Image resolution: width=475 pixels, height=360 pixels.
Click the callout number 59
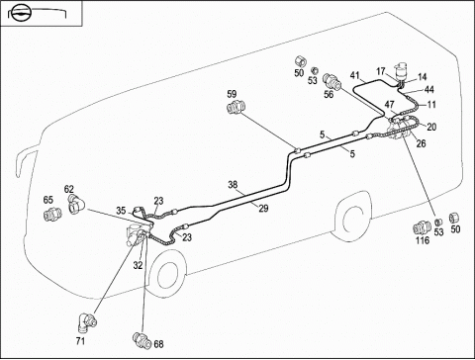pyautogui.click(x=232, y=94)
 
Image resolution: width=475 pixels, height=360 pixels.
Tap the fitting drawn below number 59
pyautogui.click(x=237, y=108)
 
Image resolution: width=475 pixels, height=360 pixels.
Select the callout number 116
pyautogui.click(x=423, y=240)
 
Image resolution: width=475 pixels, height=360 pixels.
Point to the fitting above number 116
pyautogui.click(x=423, y=227)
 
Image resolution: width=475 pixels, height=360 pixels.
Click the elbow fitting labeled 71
pyautogui.click(x=87, y=321)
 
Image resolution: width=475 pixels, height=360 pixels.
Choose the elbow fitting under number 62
pyautogui.click(x=76, y=204)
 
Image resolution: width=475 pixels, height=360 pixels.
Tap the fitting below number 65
pyautogui.click(x=52, y=214)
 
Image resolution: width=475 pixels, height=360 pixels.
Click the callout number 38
pyautogui.click(x=233, y=185)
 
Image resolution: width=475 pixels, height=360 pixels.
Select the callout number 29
pyautogui.click(x=263, y=209)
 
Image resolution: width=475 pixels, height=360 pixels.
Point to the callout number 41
pyautogui.click(x=354, y=75)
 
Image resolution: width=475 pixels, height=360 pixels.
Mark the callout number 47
pyautogui.click(x=390, y=105)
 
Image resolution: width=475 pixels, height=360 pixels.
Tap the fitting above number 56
pyautogui.click(x=332, y=80)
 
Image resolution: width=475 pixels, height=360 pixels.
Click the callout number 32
pyautogui.click(x=138, y=265)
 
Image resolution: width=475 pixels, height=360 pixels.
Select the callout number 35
pyautogui.click(x=121, y=211)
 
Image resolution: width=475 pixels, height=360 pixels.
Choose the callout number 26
pyautogui.click(x=421, y=143)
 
